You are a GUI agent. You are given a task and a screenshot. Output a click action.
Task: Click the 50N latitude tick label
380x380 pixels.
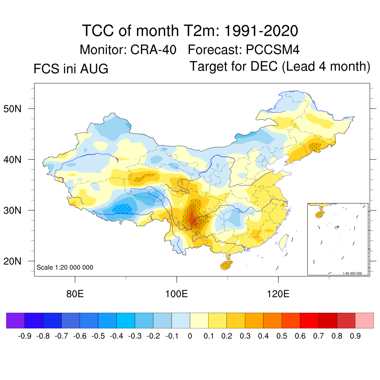click(12, 109)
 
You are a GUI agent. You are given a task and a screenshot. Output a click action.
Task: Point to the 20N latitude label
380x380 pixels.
click(12, 262)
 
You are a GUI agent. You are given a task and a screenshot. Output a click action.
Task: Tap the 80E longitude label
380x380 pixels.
click(75, 294)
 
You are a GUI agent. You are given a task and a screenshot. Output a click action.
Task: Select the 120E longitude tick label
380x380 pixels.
click(278, 294)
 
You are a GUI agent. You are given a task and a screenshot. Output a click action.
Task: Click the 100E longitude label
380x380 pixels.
click(176, 294)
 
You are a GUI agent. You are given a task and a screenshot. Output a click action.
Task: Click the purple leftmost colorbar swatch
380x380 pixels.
click(16, 320)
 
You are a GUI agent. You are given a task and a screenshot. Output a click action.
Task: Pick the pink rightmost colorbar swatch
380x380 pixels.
click(364, 320)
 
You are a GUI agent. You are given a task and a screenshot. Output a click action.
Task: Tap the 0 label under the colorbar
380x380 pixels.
click(190, 336)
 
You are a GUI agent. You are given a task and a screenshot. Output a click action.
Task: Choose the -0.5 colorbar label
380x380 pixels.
click(98, 336)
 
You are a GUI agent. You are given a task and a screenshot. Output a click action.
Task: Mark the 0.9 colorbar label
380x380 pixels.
click(355, 336)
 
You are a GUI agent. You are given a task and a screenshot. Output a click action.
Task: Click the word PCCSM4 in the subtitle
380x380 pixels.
click(273, 50)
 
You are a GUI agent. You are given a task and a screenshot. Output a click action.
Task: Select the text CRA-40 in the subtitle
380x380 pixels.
click(153, 50)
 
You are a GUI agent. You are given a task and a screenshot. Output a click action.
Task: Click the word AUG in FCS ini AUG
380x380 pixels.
click(94, 69)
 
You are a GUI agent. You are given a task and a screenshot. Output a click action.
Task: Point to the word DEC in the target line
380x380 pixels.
click(264, 66)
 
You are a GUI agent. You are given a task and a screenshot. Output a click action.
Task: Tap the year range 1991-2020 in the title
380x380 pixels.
click(261, 31)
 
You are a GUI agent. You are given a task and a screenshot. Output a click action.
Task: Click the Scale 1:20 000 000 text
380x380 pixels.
click(65, 267)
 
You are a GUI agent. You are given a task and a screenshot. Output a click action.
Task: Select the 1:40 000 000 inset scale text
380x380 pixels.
click(352, 273)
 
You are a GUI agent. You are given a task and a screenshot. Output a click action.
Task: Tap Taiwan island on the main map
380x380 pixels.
click(284, 243)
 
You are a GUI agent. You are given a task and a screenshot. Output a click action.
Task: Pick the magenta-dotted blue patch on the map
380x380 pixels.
click(122, 209)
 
